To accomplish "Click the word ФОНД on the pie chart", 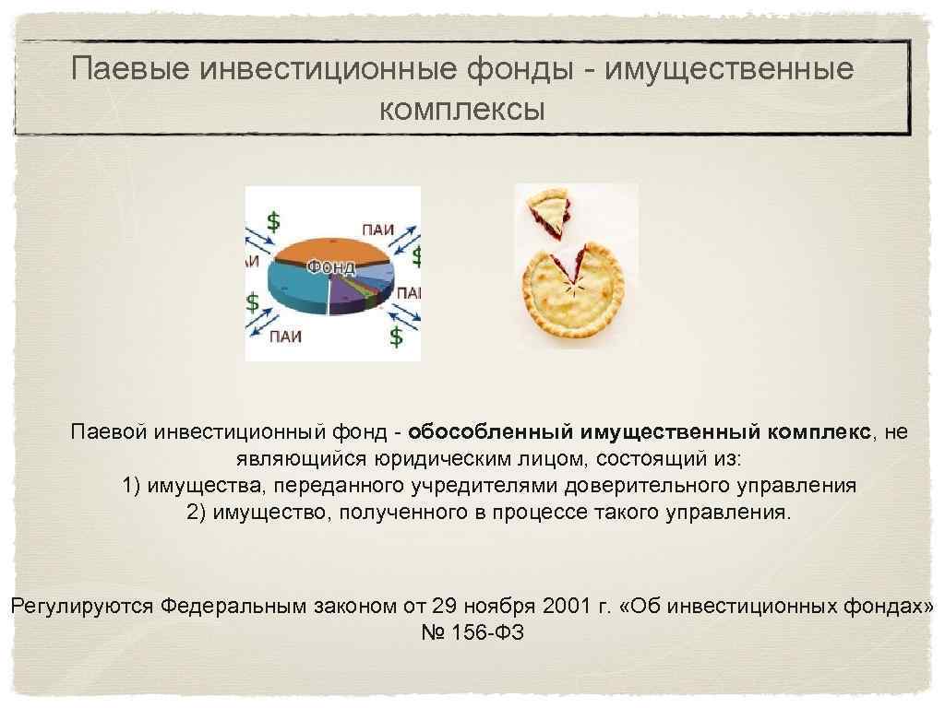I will click(330, 267).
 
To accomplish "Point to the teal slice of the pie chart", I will click(295, 281).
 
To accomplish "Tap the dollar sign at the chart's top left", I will click(273, 221).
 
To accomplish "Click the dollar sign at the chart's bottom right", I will click(396, 336).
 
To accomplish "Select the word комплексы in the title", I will click(462, 110).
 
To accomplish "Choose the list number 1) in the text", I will click(133, 485).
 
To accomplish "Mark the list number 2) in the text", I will click(197, 512).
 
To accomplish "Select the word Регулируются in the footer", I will click(82, 607).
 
